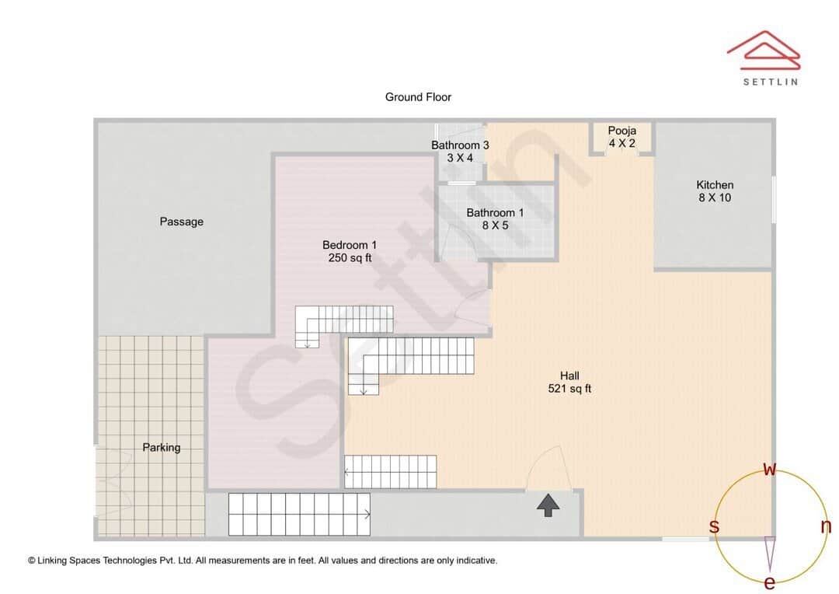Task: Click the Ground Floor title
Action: pyautogui.click(x=418, y=97)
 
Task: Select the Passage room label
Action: pyautogui.click(x=182, y=222)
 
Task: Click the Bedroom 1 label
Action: pyautogui.click(x=350, y=245)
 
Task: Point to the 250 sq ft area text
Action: pyautogui.click(x=350, y=258)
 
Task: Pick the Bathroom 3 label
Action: pyautogui.click(x=460, y=145)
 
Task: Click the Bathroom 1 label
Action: pyautogui.click(x=495, y=213)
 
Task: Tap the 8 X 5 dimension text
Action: pyautogui.click(x=495, y=225)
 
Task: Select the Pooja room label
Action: pyautogui.click(x=622, y=131)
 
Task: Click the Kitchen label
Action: pyautogui.click(x=715, y=185)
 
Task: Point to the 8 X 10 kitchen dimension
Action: pyautogui.click(x=715, y=197)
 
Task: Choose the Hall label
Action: pyautogui.click(x=569, y=376)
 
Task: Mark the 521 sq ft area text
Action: pyautogui.click(x=569, y=389)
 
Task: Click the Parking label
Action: pyautogui.click(x=162, y=447)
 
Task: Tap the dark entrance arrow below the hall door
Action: pyautogui.click(x=548, y=506)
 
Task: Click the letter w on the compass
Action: pyautogui.click(x=770, y=469)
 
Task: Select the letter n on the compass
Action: pyautogui.click(x=826, y=526)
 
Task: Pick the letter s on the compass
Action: pyautogui.click(x=714, y=527)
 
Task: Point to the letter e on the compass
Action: pyautogui.click(x=770, y=582)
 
